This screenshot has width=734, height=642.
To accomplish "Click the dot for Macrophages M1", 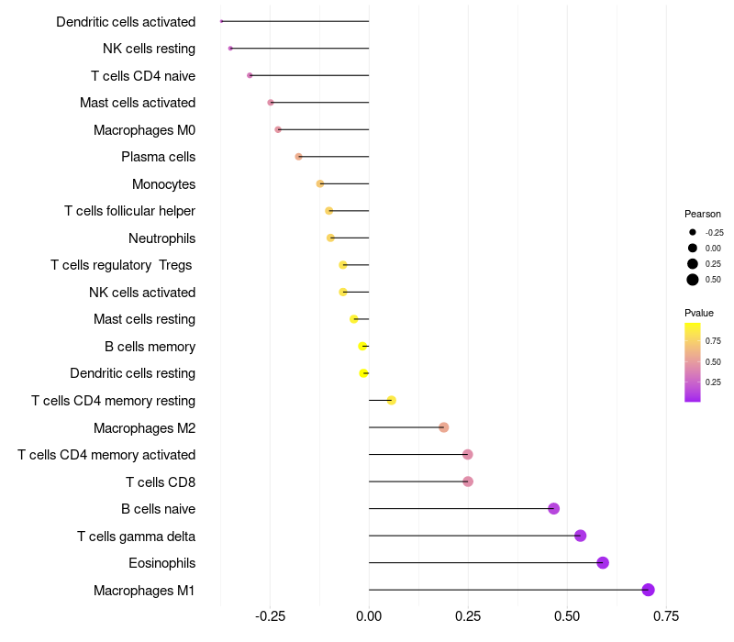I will (x=648, y=590).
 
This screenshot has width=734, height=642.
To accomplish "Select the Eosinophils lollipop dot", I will (x=603, y=562).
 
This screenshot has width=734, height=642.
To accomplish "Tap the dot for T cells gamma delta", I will (x=580, y=536).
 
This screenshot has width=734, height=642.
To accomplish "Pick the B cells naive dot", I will (x=553, y=508).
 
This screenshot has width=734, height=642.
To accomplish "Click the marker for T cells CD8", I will (x=468, y=481).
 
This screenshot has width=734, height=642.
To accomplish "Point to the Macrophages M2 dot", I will (x=444, y=427).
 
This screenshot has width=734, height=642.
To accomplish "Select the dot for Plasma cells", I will (x=298, y=157).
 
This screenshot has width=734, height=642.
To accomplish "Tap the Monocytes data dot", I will (x=320, y=183).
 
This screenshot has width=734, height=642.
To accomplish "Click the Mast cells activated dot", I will (x=271, y=103).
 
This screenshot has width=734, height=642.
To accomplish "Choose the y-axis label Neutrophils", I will (x=161, y=238).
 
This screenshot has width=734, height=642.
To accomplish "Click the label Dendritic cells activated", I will (x=126, y=21).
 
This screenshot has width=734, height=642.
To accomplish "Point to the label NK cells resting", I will (x=149, y=49).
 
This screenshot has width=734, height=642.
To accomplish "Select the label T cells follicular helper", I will (x=129, y=211).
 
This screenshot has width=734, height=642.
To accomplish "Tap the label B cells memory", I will (x=150, y=347).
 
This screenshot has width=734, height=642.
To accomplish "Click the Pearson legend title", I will (x=703, y=214).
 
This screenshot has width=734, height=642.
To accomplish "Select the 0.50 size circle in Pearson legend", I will (x=693, y=280).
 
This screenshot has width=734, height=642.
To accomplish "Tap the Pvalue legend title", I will (x=699, y=313).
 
